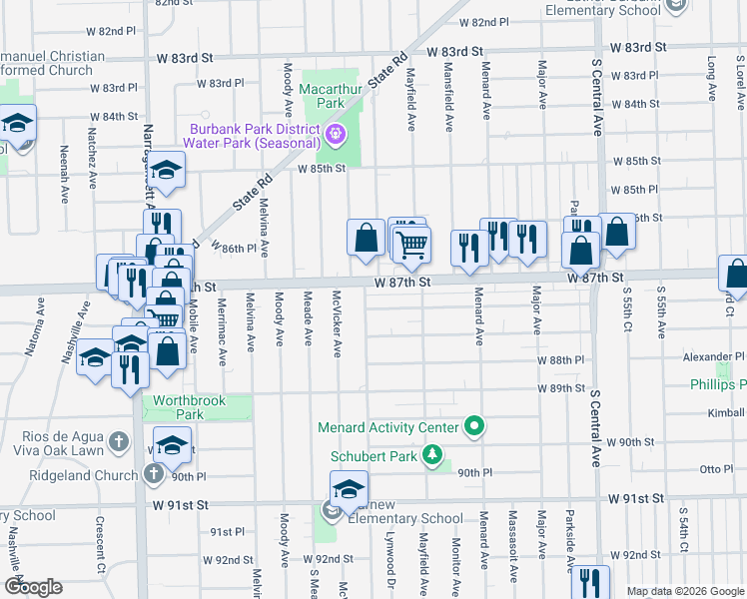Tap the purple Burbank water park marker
tap(336, 133)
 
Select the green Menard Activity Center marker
tap(474, 427)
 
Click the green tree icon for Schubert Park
tap(431, 456)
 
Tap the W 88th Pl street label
tap(559, 359)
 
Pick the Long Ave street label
tap(712, 78)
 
